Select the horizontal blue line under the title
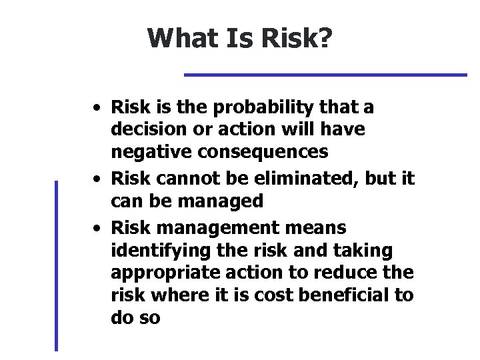tap(325, 75)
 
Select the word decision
tap(145, 129)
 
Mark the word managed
tap(227, 201)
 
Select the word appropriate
tap(158, 273)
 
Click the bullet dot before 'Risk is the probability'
tap(97, 107)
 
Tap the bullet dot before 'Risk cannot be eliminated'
tap(97, 179)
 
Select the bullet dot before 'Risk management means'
tap(97, 228)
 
